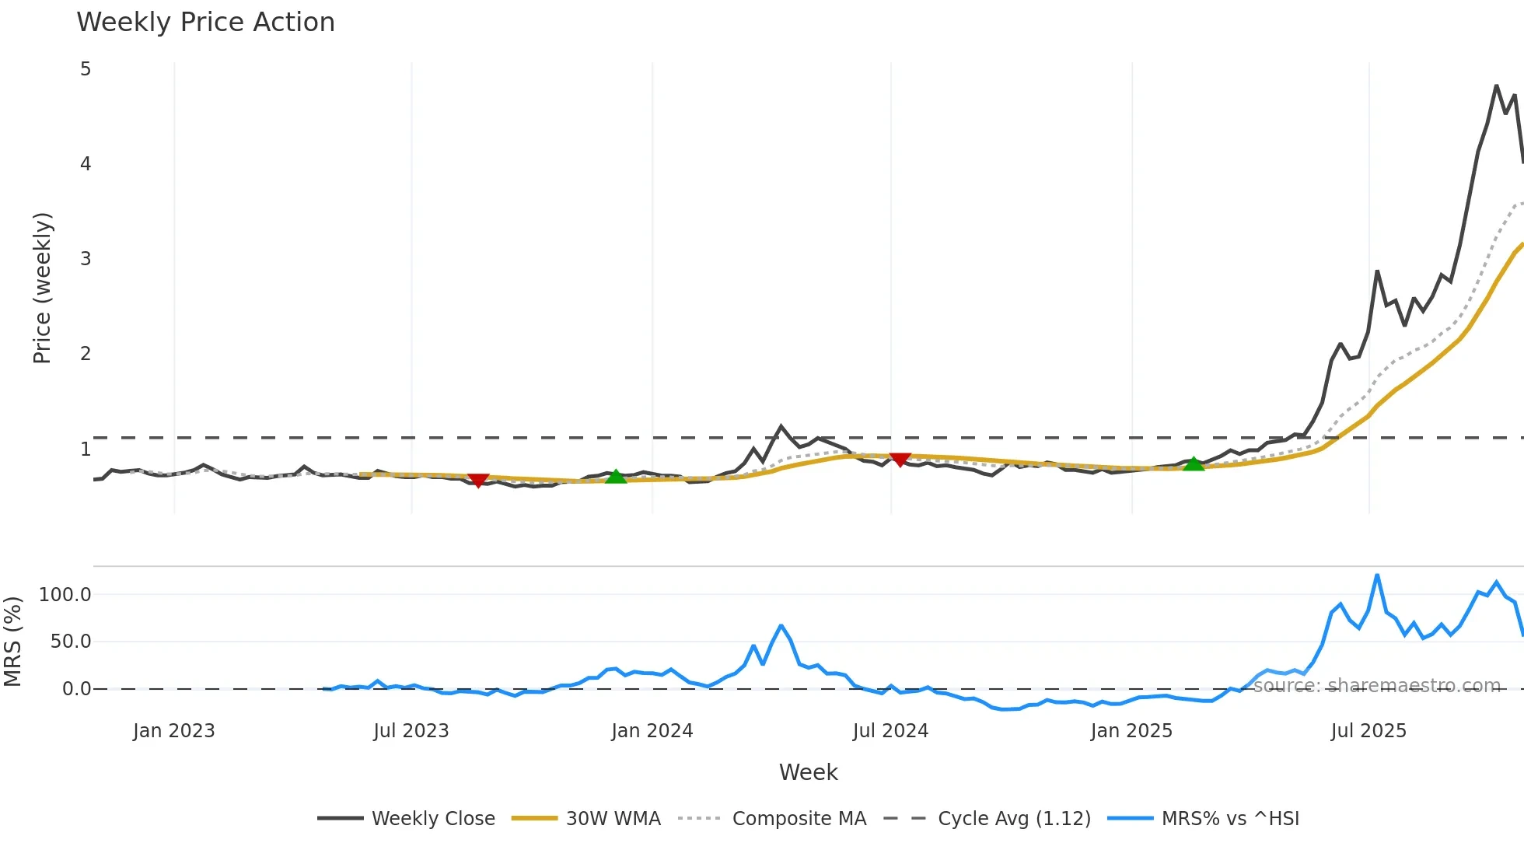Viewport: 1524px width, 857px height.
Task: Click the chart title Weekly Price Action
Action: point(205,23)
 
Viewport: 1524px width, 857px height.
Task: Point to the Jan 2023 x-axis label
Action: point(173,731)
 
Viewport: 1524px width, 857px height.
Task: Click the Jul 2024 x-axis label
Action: point(890,731)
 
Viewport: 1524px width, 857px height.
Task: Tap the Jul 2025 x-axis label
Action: point(1368,731)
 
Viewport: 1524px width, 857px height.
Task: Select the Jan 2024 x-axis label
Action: point(652,731)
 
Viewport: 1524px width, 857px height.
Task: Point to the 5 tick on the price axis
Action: point(86,69)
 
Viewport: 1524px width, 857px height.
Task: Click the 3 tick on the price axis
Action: point(86,259)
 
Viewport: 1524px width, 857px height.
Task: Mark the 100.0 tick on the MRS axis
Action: point(65,595)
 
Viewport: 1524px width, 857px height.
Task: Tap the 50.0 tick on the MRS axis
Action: point(71,642)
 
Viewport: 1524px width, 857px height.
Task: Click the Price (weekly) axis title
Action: point(42,288)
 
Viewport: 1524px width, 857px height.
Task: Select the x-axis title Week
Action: point(808,772)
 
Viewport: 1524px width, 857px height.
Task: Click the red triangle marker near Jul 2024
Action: point(900,460)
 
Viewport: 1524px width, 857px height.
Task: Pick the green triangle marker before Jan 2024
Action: point(616,476)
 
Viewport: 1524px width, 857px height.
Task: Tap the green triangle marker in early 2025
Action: point(1194,463)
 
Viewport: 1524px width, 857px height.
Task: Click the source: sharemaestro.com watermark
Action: point(1376,686)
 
